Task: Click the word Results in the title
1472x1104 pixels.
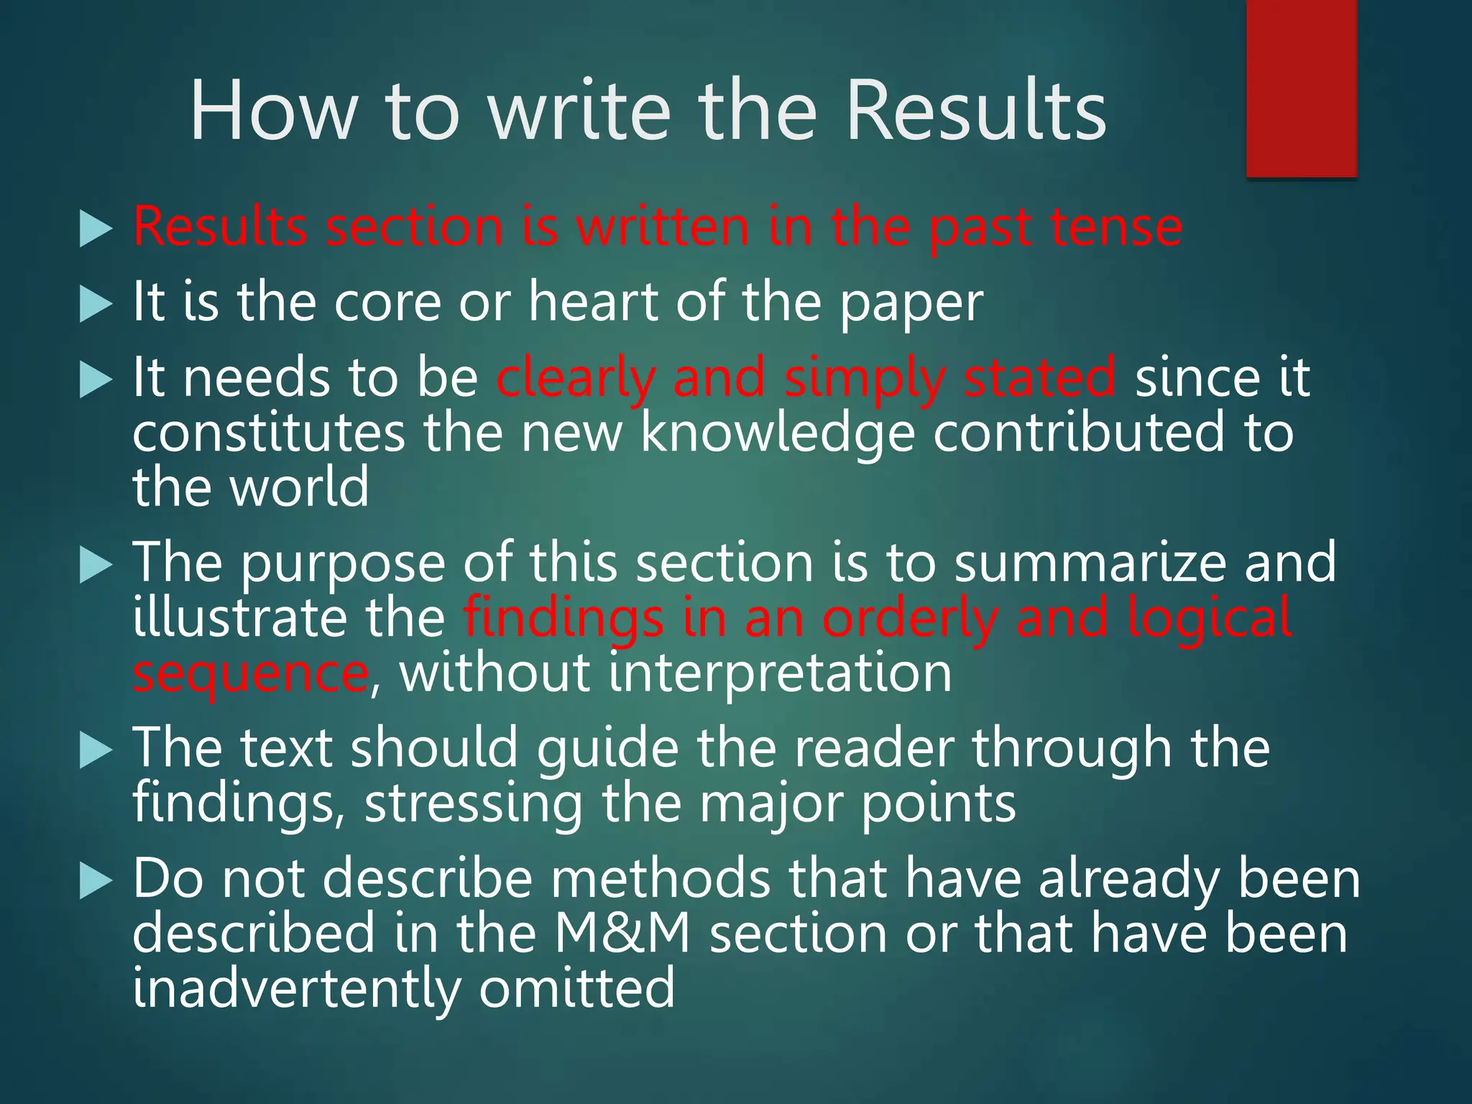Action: (x=975, y=112)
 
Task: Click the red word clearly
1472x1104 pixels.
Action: (x=575, y=379)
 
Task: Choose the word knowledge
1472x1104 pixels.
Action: (x=778, y=433)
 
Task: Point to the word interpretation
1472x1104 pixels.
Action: (x=781, y=673)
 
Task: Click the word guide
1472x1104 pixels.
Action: (x=608, y=749)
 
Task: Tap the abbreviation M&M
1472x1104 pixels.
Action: (x=622, y=933)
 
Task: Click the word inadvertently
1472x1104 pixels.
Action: (x=296, y=988)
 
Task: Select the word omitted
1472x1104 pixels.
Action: (x=577, y=988)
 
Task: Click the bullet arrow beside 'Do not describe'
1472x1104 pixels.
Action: (x=96, y=881)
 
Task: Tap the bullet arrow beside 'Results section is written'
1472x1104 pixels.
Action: (x=96, y=230)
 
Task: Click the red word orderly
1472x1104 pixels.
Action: (x=910, y=619)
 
